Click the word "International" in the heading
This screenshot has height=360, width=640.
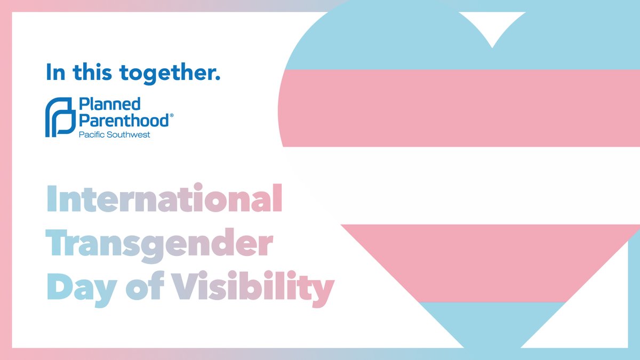click(x=164, y=199)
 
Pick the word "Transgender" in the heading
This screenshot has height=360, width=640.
click(x=159, y=245)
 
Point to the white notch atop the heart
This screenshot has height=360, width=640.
click(x=491, y=27)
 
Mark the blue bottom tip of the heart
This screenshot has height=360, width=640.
click(x=491, y=325)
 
